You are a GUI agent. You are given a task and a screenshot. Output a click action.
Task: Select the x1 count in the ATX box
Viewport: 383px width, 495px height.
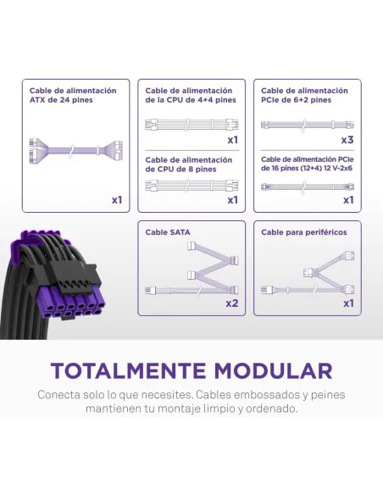pos(117,200)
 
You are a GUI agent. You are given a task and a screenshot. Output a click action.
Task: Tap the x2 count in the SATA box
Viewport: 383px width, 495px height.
pos(231,303)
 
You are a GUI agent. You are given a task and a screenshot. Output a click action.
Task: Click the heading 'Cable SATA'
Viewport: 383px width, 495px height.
pos(168,231)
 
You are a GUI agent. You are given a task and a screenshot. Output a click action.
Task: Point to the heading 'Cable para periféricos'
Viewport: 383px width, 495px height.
pos(298,231)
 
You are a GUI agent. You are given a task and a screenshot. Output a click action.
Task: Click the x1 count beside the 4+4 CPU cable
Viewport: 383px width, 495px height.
pos(232,139)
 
